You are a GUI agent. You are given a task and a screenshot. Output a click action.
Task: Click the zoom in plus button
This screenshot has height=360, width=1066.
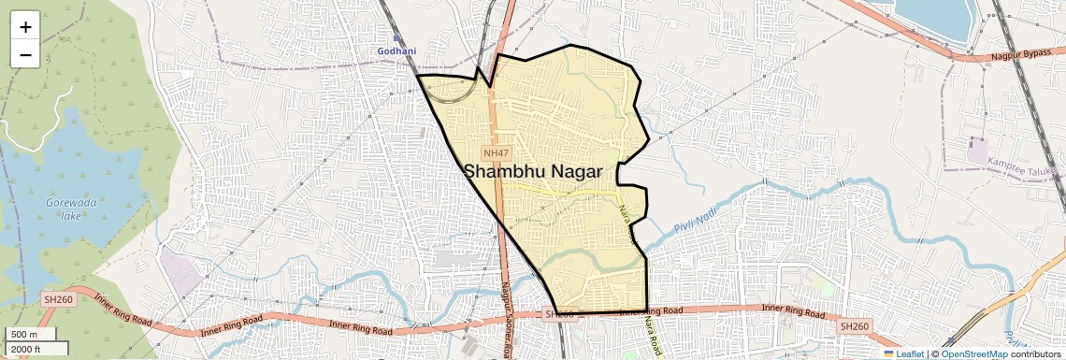coord(25,26)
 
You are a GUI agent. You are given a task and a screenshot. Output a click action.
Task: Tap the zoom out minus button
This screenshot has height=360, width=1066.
coord(25,54)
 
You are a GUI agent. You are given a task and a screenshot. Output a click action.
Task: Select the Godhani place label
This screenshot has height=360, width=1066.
coord(396,50)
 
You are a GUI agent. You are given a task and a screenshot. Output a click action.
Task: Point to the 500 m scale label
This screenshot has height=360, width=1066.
coord(24,335)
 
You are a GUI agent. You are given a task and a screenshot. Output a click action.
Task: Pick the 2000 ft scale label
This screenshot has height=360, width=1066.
coord(26,349)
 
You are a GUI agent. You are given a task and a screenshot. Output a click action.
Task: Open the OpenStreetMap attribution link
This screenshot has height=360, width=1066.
coord(973,353)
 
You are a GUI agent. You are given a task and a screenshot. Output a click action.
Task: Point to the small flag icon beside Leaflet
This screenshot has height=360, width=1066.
coord(889,353)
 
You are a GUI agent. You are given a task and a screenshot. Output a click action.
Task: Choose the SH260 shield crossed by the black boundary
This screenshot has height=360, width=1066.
coord(558,314)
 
